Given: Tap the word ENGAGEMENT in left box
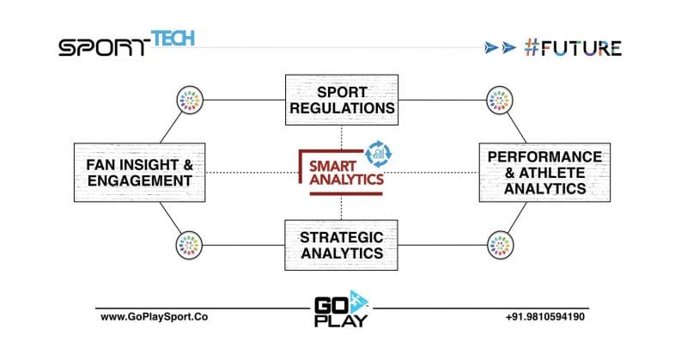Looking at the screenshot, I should (x=139, y=180).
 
